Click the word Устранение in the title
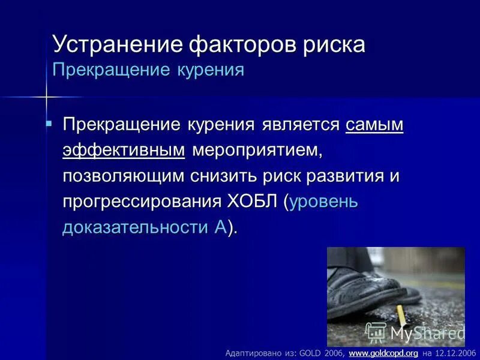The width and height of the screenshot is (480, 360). pyautogui.click(x=117, y=45)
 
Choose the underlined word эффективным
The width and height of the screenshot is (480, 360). pyautogui.click(x=124, y=151)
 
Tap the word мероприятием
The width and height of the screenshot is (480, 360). pyautogui.click(x=257, y=151)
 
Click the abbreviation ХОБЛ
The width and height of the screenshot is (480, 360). pyautogui.click(x=253, y=202)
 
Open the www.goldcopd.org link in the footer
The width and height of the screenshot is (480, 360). pyautogui.click(x=383, y=353)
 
